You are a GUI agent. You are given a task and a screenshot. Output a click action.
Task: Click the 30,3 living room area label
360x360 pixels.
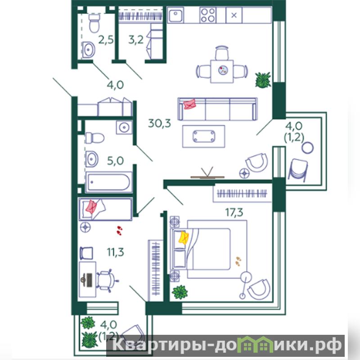(159, 123)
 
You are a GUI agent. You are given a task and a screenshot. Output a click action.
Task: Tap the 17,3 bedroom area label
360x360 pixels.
(234, 212)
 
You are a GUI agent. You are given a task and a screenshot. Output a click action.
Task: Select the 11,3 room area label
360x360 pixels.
(115, 252)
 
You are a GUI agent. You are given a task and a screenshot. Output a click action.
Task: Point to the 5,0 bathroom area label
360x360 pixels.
(115, 161)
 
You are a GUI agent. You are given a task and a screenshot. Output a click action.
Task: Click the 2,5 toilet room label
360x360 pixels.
(106, 40)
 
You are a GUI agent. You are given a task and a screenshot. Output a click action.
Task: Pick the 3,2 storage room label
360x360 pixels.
(136, 40)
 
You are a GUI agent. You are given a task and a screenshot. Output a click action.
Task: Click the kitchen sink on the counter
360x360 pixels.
(175, 15)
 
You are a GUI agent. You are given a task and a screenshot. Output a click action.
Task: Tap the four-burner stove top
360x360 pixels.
(208, 15)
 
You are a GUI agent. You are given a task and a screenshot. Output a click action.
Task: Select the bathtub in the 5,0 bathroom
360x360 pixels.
(109, 182)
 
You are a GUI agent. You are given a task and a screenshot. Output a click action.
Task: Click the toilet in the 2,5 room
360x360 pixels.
(94, 23)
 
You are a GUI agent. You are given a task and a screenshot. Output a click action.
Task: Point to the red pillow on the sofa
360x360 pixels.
(189, 104)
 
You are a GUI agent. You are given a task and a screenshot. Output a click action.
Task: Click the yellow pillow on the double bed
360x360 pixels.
(184, 238)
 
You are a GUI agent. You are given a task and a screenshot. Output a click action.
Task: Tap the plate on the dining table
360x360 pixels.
(223, 70)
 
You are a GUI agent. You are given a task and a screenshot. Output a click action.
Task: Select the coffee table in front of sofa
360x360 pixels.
(204, 136)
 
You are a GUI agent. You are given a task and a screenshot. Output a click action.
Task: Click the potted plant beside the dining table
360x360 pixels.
(263, 80)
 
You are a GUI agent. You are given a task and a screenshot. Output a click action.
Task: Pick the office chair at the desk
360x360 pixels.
(107, 280)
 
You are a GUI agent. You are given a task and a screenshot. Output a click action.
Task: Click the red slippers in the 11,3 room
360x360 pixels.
(119, 230)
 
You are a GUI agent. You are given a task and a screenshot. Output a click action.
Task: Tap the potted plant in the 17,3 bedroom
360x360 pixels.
(180, 292)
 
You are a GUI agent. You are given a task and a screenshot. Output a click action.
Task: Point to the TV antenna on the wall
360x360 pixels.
(207, 173)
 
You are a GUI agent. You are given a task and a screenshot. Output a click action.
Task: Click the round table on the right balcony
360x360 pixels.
(308, 148)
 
